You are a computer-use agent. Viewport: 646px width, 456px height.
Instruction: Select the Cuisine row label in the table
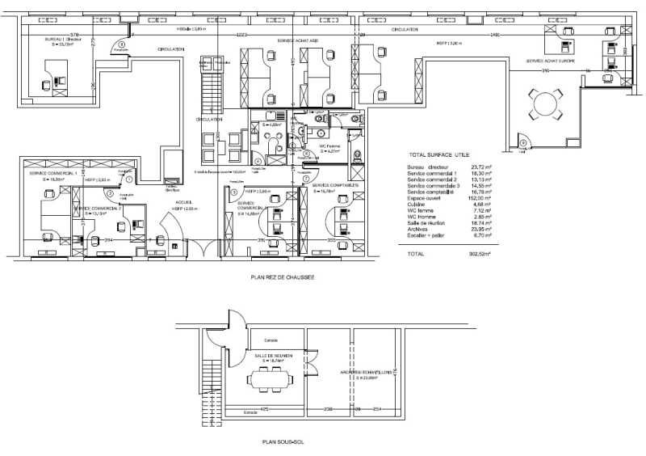(x=419, y=205)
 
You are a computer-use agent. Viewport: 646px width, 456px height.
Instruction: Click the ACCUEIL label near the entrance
(x=184, y=202)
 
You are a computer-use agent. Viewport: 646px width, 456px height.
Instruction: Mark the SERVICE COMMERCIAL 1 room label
(x=52, y=173)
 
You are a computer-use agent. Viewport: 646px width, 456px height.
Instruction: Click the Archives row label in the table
(x=421, y=229)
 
